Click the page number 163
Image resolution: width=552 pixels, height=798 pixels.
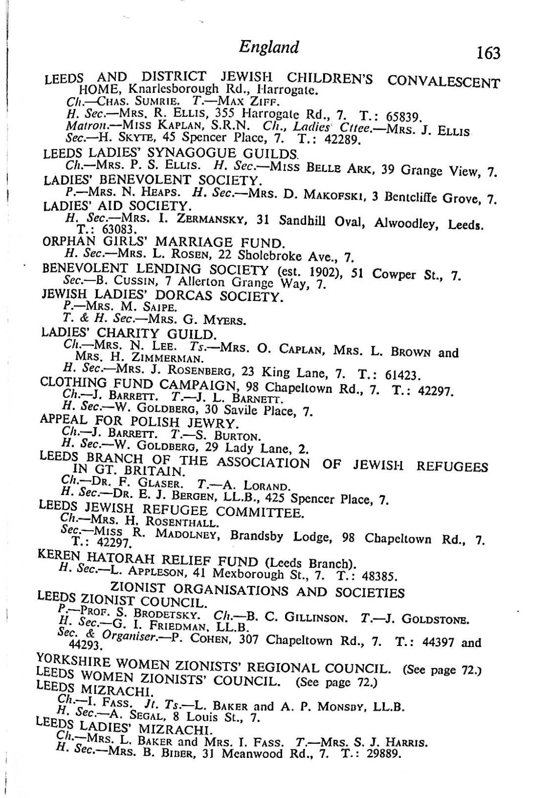click(x=488, y=52)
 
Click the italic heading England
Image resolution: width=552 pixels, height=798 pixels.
click(x=268, y=47)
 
